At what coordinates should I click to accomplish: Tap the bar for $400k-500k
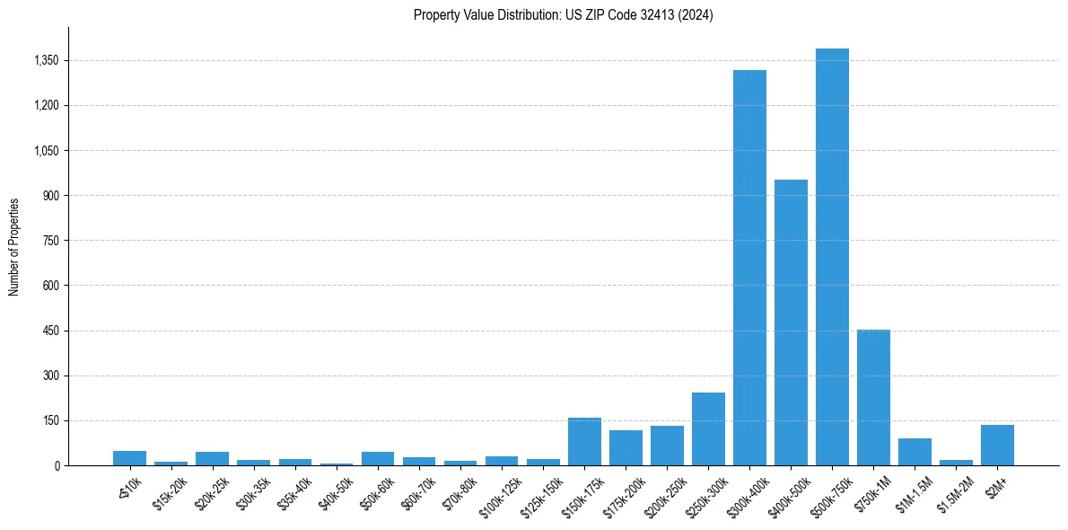(791, 322)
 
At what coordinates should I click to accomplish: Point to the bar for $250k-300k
(708, 428)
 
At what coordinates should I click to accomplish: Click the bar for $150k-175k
(584, 441)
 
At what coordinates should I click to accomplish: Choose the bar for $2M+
(997, 445)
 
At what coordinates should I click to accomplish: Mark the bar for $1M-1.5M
(915, 452)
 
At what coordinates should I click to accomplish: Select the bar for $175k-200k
(626, 447)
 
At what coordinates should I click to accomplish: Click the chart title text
(564, 15)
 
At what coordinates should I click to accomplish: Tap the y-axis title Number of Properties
(14, 246)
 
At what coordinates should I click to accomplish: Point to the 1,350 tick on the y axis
(45, 61)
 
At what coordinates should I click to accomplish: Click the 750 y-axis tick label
(48, 241)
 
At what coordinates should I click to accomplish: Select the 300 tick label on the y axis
(48, 375)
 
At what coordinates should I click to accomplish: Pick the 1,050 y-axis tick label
(45, 151)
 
